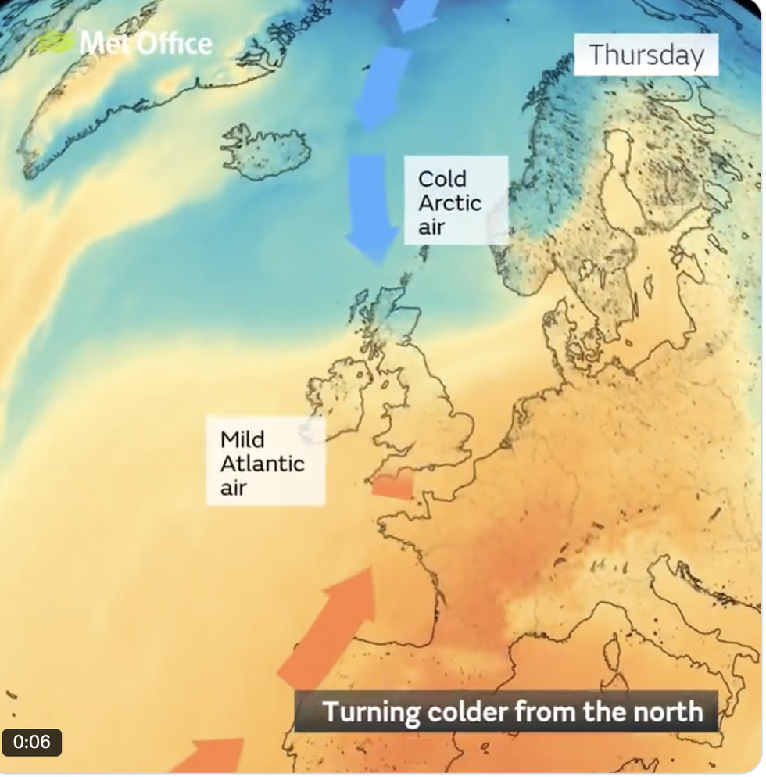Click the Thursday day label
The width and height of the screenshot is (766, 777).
coord(646,55)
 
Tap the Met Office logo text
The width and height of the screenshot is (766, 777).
coord(145,44)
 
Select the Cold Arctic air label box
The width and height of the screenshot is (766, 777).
coord(456,200)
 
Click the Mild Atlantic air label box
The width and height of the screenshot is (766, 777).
coord(265,461)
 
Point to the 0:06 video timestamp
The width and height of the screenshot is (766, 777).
coord(32,742)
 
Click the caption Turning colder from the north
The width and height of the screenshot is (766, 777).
coord(512,712)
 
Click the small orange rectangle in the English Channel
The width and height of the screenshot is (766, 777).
coord(392,488)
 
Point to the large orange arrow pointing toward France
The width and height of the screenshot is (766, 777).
coord(332,625)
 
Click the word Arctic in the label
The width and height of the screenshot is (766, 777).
coord(449,202)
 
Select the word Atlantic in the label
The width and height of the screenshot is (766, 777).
coord(262,463)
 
